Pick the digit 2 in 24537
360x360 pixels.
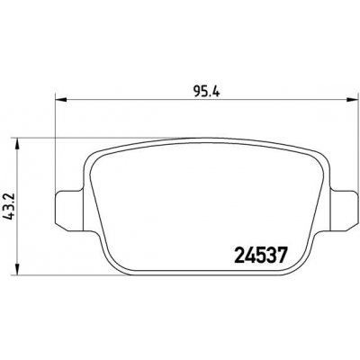point(227,256)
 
